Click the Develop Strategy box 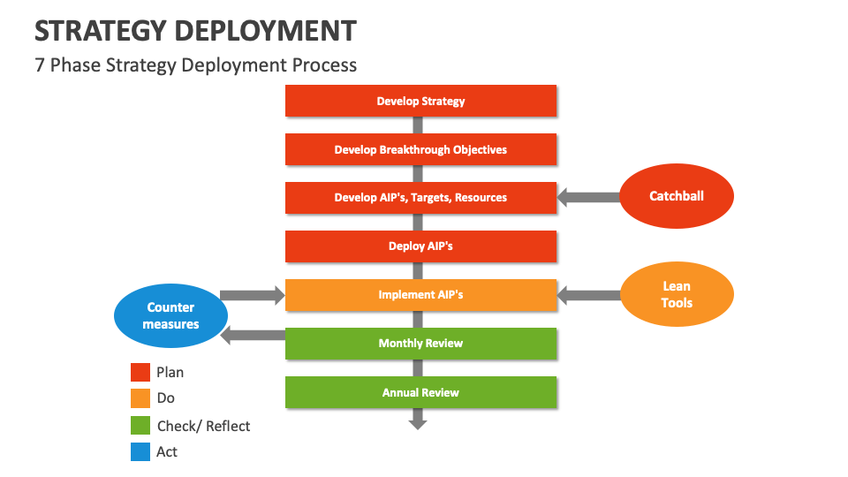420,101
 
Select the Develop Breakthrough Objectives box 420,149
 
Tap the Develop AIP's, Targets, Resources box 420,198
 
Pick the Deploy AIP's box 420,246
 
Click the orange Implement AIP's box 420,295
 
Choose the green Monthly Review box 420,344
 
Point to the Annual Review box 420,392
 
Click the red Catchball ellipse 677,197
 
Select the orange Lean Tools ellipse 677,295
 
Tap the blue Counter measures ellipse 170,316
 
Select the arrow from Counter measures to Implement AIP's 253,295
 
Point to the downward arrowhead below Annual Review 418,423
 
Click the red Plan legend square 140,373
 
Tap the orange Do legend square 140,399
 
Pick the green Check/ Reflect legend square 140,426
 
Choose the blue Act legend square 140,452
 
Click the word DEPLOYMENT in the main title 265,31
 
